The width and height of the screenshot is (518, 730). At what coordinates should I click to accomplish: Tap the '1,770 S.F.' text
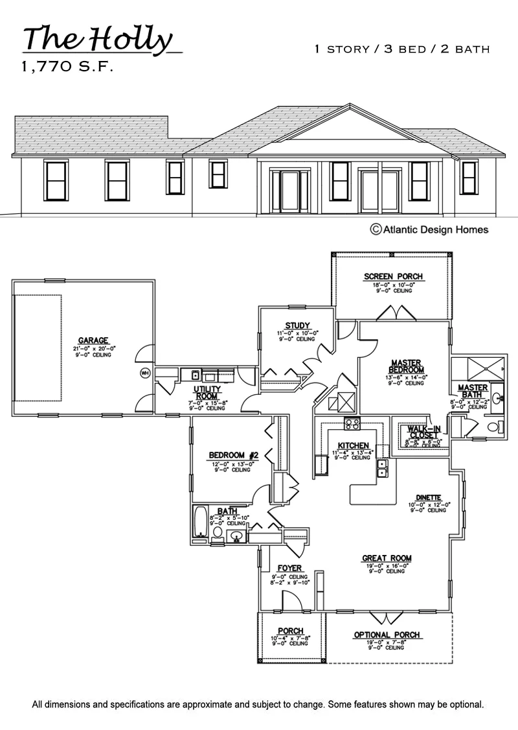click(67, 67)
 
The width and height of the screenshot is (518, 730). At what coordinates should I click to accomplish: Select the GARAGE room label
click(93, 340)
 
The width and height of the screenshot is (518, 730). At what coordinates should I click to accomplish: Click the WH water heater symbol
click(146, 373)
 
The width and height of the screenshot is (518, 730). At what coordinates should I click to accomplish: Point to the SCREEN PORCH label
click(393, 277)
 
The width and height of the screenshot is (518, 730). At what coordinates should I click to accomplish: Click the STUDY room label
click(297, 325)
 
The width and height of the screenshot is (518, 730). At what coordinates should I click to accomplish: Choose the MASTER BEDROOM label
click(407, 366)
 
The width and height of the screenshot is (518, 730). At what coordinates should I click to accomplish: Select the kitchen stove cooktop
click(352, 425)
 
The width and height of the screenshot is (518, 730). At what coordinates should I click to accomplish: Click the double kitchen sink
click(383, 468)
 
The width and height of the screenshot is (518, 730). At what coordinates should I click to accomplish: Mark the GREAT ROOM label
click(387, 558)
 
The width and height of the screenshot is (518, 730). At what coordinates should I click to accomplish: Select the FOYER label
click(289, 569)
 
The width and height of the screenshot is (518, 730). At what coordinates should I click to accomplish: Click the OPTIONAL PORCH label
click(387, 635)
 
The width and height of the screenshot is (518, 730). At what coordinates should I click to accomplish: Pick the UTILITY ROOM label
click(208, 393)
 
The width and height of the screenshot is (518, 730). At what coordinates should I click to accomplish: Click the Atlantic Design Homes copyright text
click(429, 229)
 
